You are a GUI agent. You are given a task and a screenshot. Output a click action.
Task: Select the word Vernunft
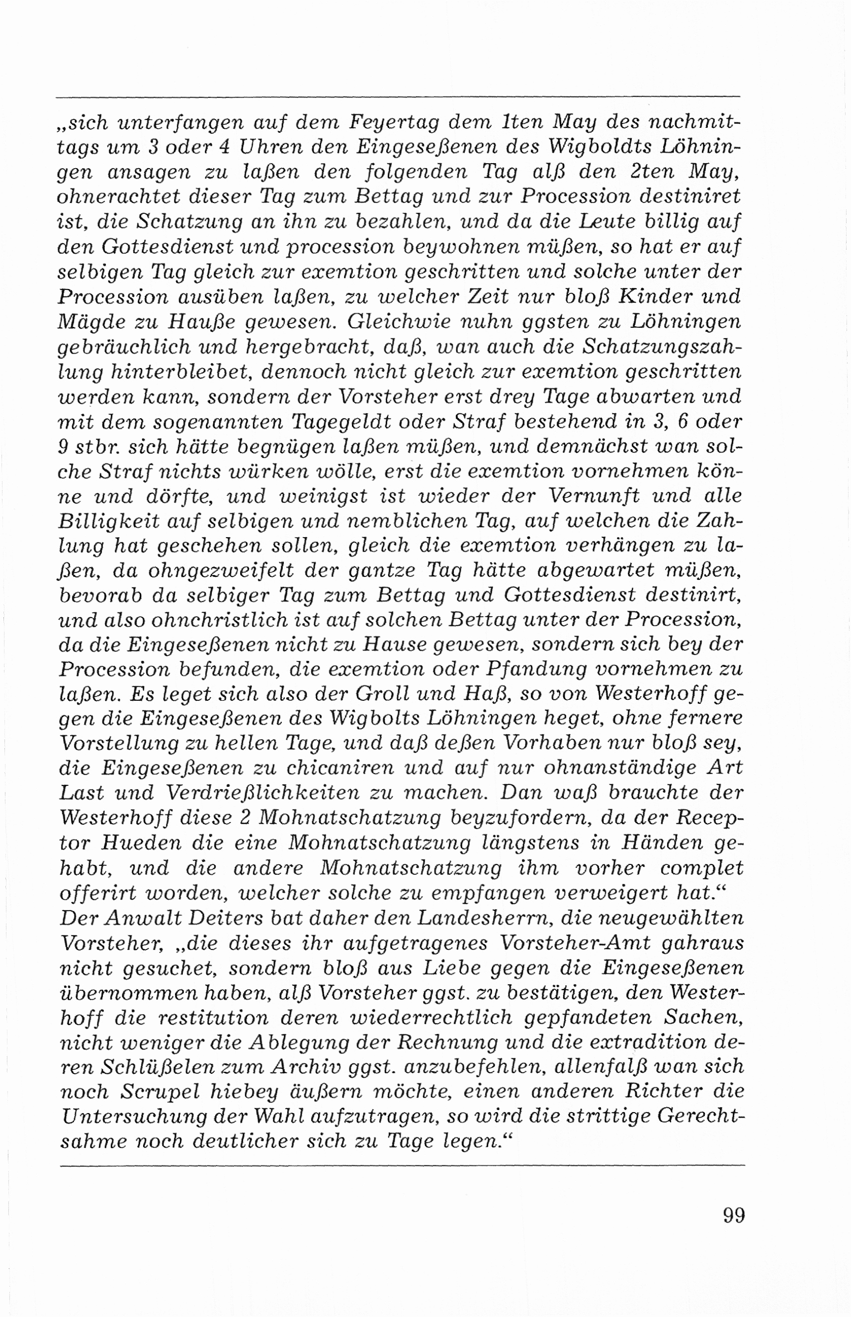coord(592,496)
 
